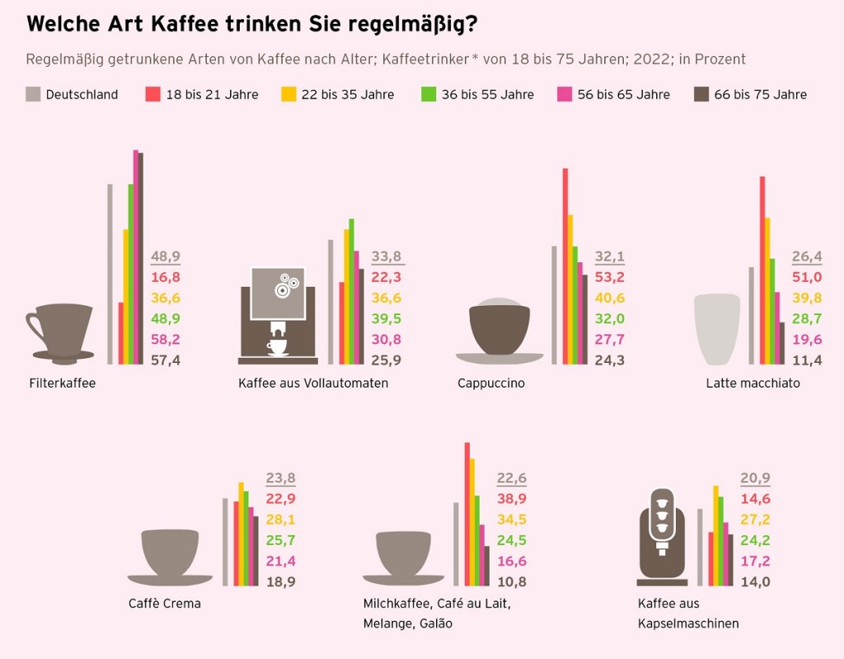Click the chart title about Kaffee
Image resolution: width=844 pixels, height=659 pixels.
click(251, 24)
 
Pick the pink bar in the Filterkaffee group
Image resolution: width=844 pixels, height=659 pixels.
click(136, 257)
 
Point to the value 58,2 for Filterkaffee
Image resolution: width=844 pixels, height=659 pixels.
click(166, 339)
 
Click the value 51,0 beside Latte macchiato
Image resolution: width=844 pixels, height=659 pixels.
click(807, 277)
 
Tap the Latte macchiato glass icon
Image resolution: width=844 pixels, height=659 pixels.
click(717, 329)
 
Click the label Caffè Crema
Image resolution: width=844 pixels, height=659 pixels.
click(165, 603)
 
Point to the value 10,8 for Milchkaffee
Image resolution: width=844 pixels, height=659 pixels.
click(512, 581)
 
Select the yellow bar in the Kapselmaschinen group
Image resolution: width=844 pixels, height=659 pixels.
click(715, 535)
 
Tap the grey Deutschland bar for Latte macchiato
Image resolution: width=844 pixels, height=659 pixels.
click(751, 315)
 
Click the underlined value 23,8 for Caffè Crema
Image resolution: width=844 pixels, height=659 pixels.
click(280, 478)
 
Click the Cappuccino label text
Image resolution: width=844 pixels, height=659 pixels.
click(491, 383)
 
